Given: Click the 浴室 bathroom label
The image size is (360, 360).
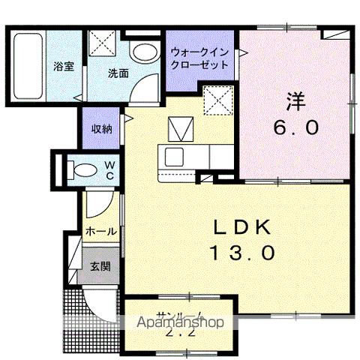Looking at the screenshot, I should tap(62, 66).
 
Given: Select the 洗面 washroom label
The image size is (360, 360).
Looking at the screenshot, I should tap(117, 73).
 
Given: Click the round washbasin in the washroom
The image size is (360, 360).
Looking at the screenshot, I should tap(142, 52).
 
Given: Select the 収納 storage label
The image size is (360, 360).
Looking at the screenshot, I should tap(101, 129).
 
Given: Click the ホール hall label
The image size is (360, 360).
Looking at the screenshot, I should tap(100, 232).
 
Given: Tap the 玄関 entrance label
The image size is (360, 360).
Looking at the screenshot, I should tap(100, 265).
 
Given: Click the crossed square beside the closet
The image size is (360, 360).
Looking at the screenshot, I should tap(218, 100).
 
